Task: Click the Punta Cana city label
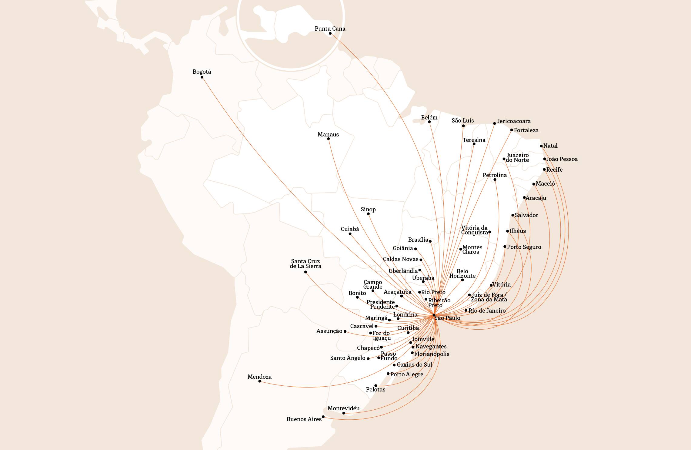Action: pyautogui.click(x=330, y=29)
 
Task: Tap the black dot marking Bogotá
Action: pyautogui.click(x=202, y=77)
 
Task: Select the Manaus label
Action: pyautogui.click(x=328, y=135)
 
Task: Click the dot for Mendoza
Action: pyautogui.click(x=260, y=381)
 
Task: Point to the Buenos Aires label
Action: pyautogui.click(x=304, y=419)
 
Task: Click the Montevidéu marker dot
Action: pyautogui.click(x=343, y=413)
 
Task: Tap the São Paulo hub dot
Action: pyautogui.click(x=434, y=315)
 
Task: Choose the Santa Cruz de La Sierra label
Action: pyautogui.click(x=305, y=264)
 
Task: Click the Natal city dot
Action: pyautogui.click(x=541, y=146)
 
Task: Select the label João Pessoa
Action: pyautogui.click(x=562, y=159)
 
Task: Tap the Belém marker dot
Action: pyautogui.click(x=429, y=122)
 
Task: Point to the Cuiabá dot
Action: pyautogui.click(x=350, y=234)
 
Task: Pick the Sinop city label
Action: pyautogui.click(x=368, y=210)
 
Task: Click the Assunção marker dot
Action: pyautogui.click(x=345, y=331)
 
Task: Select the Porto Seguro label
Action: pyautogui.click(x=524, y=247)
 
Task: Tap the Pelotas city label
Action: pyautogui.click(x=376, y=390)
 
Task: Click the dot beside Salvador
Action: pyautogui.click(x=513, y=215)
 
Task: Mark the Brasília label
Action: pyautogui.click(x=418, y=240)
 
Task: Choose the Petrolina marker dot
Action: pyautogui.click(x=495, y=180)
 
